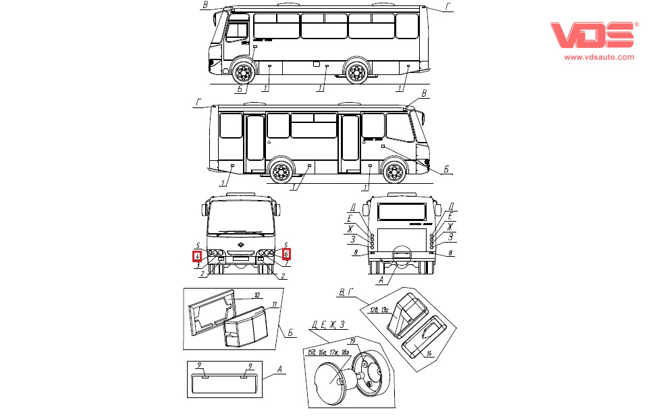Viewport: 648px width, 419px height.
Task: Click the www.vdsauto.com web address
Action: tap(599, 57)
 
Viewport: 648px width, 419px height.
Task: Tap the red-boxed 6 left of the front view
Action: tap(197, 256)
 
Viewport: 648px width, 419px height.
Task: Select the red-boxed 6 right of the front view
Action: tap(286, 254)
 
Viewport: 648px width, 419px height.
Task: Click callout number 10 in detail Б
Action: tap(256, 295)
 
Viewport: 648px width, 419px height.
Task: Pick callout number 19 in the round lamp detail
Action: tap(352, 341)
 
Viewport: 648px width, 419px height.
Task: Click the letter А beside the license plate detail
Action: tap(279, 370)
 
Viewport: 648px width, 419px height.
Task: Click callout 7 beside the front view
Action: tap(286, 264)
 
